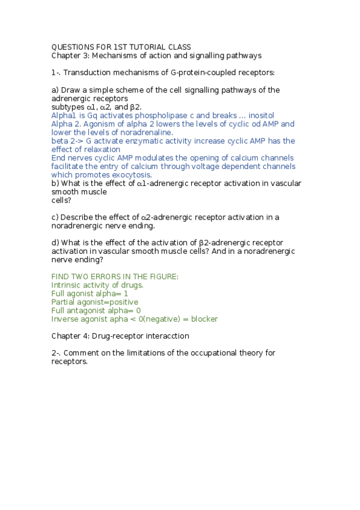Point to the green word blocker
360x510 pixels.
coord(204,319)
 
